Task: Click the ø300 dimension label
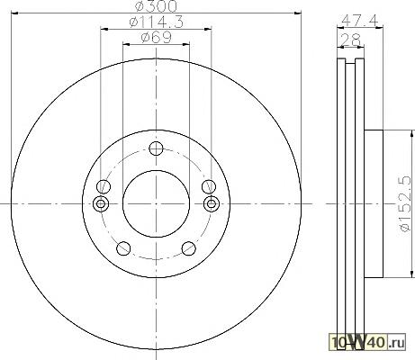[x=157, y=6]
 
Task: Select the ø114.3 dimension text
[x=156, y=22]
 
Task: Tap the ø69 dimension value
[x=157, y=38]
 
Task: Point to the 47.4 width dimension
[x=359, y=21]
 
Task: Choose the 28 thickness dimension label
[x=350, y=40]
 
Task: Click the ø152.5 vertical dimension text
[x=405, y=203]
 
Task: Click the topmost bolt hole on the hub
[x=156, y=148]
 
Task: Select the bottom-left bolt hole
[x=123, y=248]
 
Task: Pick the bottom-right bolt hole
[x=189, y=248]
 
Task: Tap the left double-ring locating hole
[x=101, y=204]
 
